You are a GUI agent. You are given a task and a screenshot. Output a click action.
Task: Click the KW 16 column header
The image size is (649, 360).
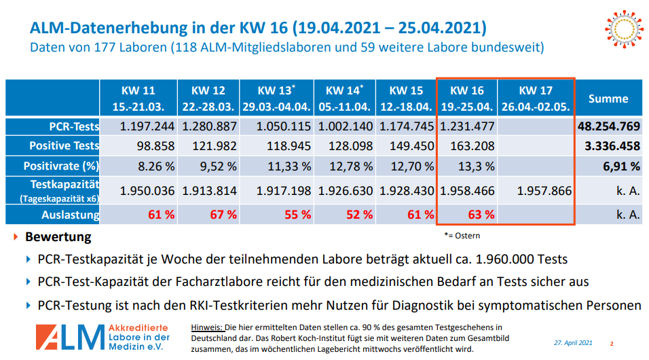[x=467, y=98]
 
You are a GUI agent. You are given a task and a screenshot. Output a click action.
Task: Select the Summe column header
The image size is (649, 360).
[x=608, y=98]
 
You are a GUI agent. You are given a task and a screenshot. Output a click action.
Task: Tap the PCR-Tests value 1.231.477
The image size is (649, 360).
[x=467, y=126]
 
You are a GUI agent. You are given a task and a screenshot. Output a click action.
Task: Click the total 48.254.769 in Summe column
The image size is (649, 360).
[x=608, y=126]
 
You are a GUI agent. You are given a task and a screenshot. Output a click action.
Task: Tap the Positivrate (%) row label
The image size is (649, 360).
[x=61, y=166]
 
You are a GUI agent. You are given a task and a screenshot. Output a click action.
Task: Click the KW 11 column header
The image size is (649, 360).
[x=139, y=98]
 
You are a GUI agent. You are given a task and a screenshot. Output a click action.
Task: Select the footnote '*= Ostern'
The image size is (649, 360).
[x=462, y=236]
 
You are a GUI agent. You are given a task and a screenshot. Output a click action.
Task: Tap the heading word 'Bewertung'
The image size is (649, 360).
[x=58, y=238]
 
